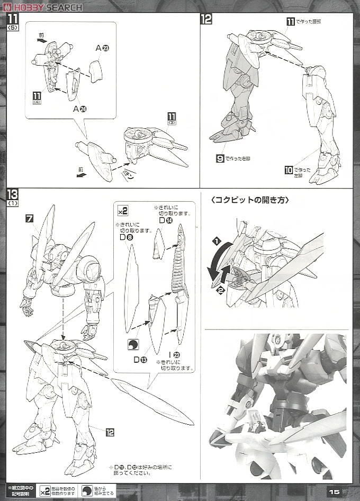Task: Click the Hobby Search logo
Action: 42,7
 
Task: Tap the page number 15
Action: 334,491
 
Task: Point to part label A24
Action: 79,109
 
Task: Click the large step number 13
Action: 12,195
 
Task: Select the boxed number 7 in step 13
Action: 30,218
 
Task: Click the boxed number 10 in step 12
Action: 289,170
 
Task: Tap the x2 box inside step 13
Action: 122,211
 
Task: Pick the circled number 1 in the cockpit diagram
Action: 216,241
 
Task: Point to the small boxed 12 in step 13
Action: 110,432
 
